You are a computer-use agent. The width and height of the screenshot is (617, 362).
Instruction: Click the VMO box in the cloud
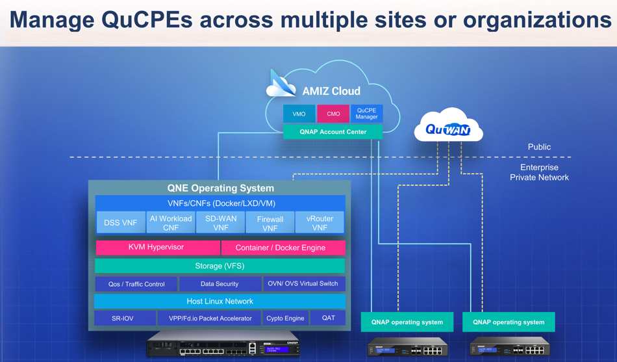(299, 114)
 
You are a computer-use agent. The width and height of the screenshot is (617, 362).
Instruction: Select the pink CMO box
(333, 114)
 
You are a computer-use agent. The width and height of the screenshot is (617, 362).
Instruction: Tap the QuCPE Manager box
(367, 114)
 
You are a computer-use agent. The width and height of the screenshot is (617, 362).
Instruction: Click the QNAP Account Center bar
(333, 132)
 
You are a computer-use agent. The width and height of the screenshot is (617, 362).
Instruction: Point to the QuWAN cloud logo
(448, 127)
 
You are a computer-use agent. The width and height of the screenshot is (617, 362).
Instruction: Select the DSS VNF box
(120, 222)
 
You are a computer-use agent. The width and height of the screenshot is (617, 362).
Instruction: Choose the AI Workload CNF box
(171, 222)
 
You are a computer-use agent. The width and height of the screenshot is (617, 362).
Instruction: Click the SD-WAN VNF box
(221, 222)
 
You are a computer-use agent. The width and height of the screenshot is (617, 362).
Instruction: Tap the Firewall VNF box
(270, 222)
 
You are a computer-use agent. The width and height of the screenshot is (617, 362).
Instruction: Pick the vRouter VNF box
(320, 222)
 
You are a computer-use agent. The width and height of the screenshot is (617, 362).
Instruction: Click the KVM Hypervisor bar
(157, 248)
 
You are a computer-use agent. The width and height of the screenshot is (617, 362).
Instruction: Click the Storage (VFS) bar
(220, 266)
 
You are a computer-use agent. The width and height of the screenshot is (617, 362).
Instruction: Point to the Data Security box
(220, 284)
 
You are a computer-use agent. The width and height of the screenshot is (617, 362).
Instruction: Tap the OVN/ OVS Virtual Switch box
(304, 284)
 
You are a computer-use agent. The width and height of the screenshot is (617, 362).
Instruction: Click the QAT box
(328, 318)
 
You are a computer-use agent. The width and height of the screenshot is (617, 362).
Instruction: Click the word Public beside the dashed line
(539, 147)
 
